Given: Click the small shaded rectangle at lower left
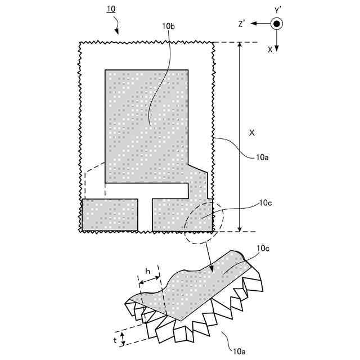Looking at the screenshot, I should point(110,214).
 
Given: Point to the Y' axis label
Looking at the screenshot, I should point(277,10).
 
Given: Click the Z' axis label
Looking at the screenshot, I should point(242,24).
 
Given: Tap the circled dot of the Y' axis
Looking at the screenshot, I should point(277,24).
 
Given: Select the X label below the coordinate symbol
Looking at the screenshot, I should point(270,49).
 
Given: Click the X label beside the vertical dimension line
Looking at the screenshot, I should point(251,133).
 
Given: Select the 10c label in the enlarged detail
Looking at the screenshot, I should point(264,248).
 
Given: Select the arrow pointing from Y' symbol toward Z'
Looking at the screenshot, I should point(260,24).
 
